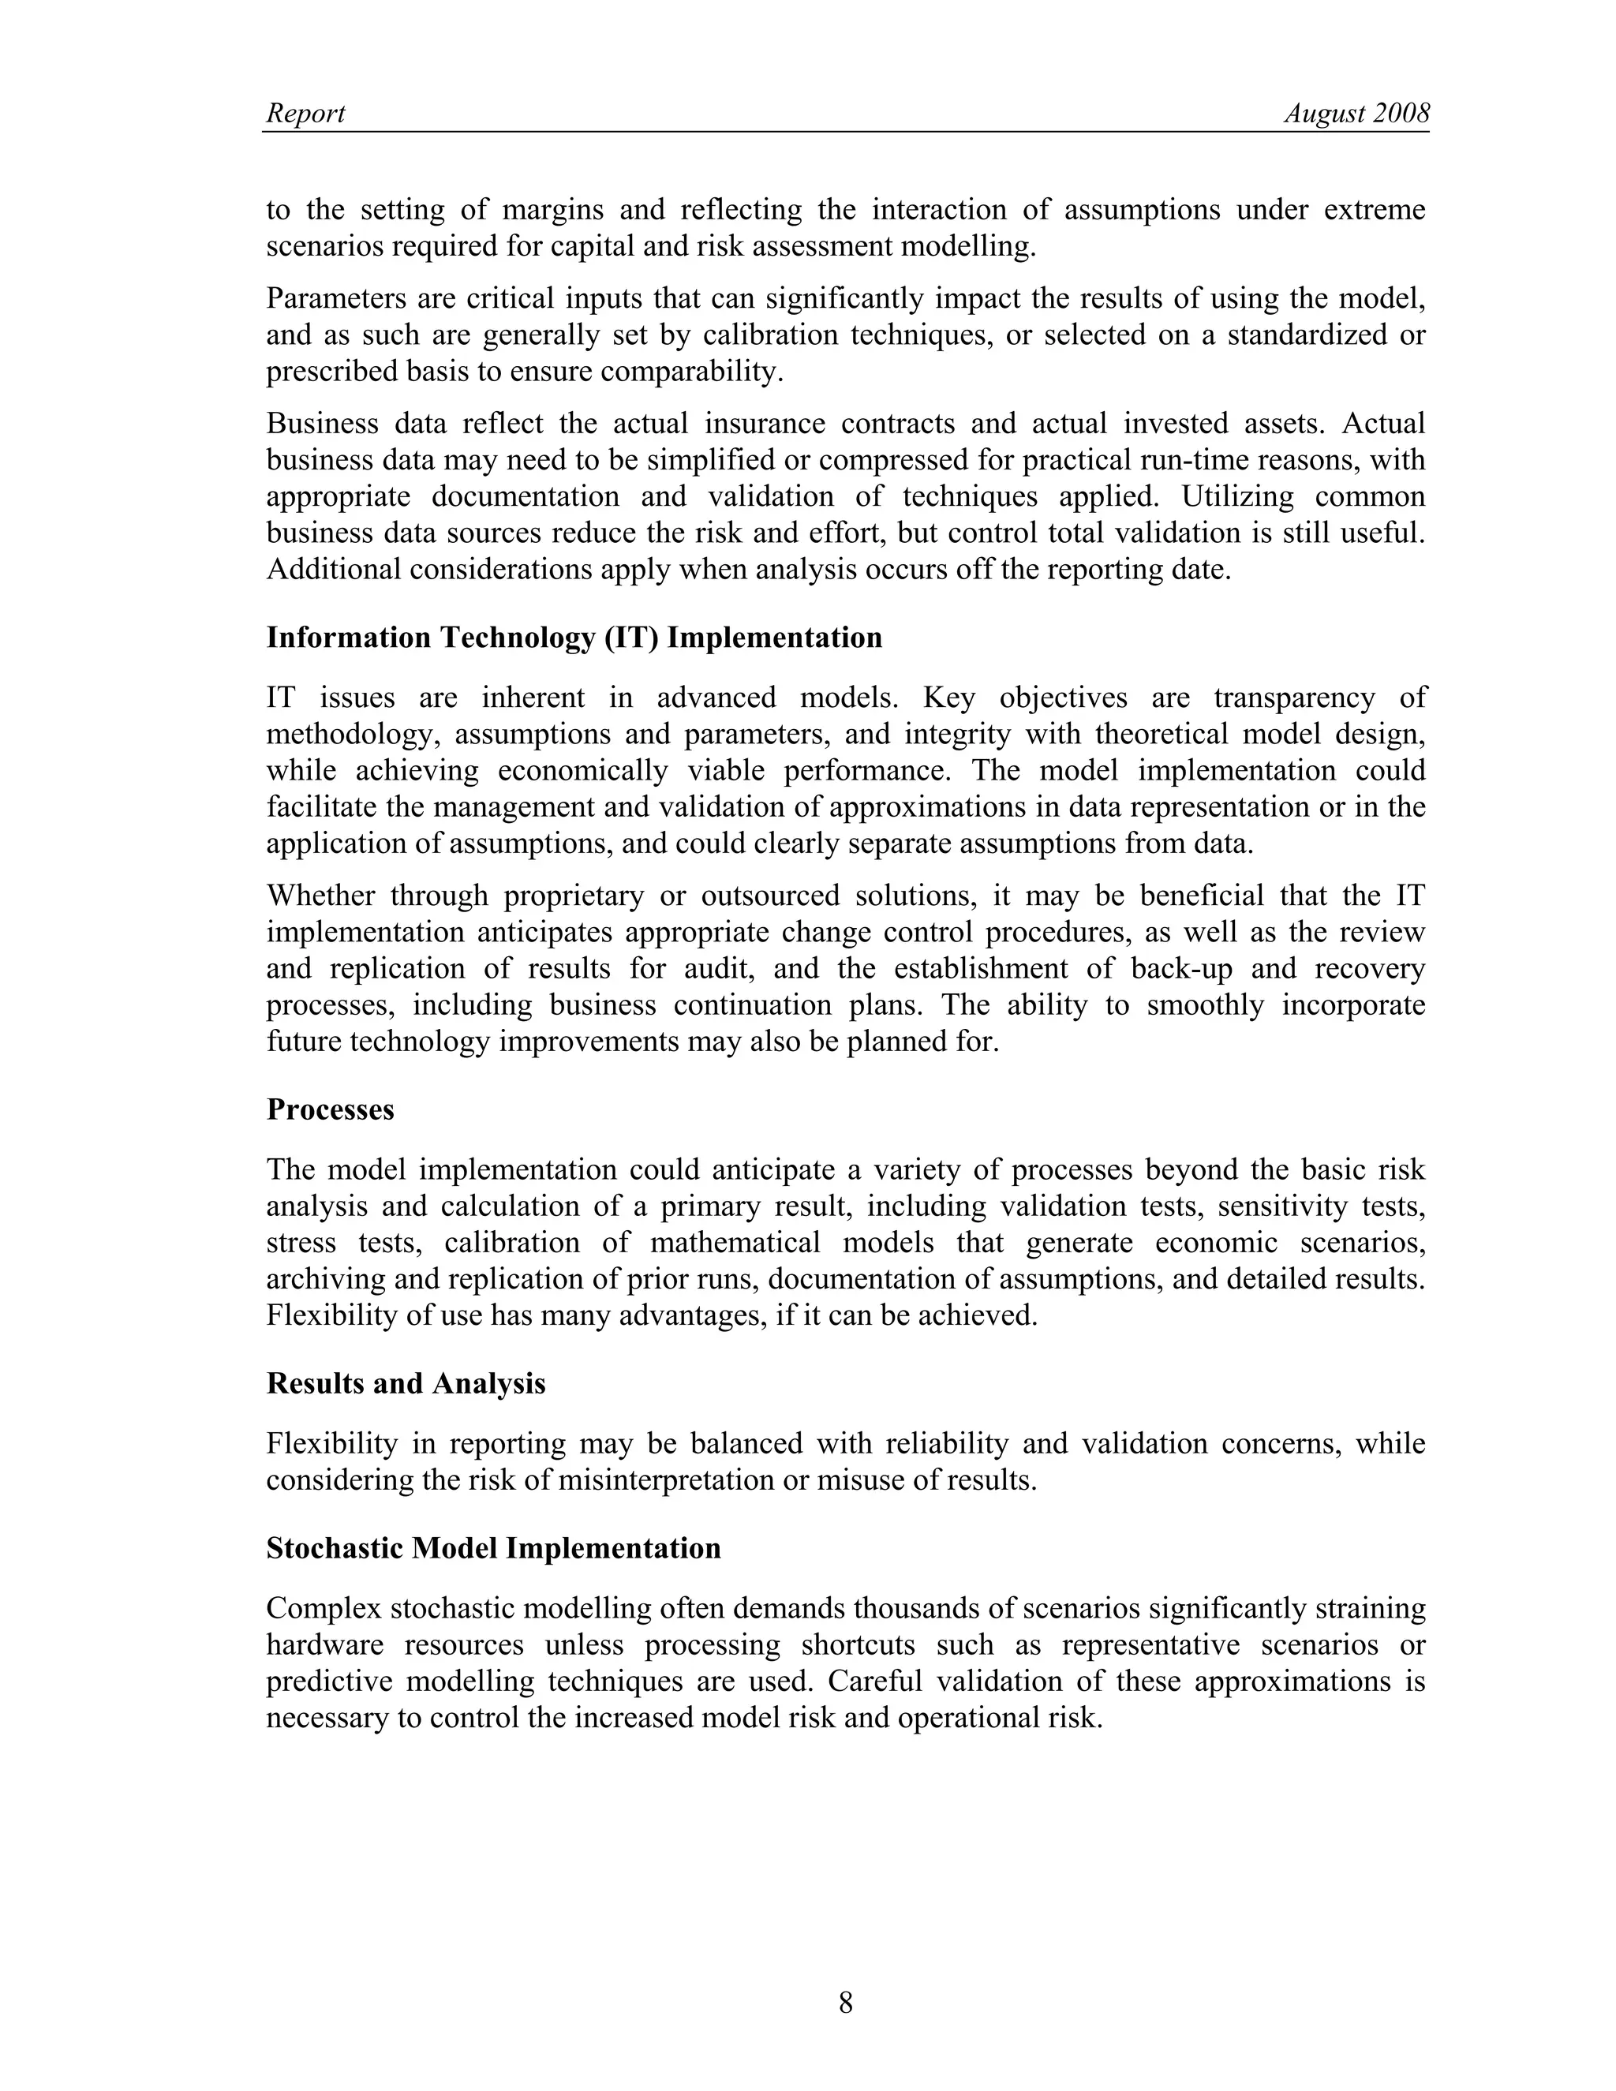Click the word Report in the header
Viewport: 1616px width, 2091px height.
tap(305, 114)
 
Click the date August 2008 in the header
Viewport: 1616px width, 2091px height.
tap(1356, 114)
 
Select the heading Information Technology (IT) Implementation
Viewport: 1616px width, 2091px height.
tap(574, 638)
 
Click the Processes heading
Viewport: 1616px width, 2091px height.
tap(331, 1109)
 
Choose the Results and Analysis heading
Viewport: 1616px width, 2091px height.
tap(406, 1383)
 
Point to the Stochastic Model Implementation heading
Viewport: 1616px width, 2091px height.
tap(493, 1548)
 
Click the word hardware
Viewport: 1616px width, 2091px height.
tap(324, 1645)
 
